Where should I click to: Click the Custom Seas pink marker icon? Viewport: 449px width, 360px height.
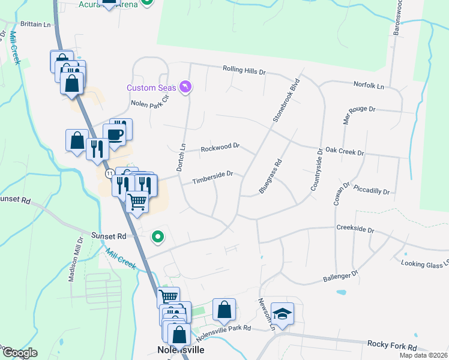(186, 88)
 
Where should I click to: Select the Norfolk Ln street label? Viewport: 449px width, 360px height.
(369, 85)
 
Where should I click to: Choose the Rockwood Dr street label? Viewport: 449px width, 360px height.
(220, 146)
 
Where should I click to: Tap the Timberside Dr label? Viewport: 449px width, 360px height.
(212, 175)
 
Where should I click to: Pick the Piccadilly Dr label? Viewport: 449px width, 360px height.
(372, 192)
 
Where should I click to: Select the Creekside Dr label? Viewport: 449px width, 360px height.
(355, 229)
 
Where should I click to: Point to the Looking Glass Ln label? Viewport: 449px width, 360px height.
(424, 262)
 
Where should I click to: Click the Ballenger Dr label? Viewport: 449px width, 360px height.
(340, 276)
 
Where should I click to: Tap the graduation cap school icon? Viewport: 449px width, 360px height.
(282, 313)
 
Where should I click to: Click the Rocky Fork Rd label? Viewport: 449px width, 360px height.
(391, 347)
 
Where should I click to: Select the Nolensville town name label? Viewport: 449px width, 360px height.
(181, 349)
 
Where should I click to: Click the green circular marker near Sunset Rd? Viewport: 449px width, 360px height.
(158, 237)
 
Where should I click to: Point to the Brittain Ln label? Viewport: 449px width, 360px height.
(36, 25)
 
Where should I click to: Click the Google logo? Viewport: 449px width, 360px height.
(20, 353)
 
